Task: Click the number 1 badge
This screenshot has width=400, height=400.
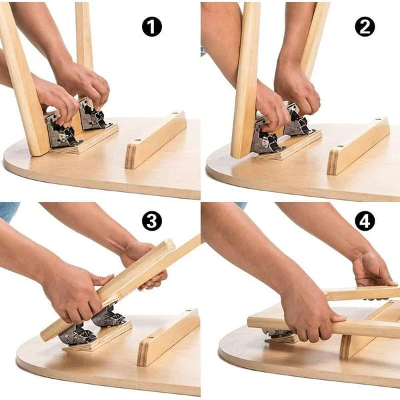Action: tap(152, 27)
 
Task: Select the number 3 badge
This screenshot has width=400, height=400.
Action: tap(152, 221)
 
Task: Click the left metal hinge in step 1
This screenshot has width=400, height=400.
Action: tap(61, 129)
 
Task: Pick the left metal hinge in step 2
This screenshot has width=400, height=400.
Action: tap(265, 139)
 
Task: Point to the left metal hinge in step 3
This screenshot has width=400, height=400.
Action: tap(77, 333)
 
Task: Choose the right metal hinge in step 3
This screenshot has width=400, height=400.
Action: tap(109, 316)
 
